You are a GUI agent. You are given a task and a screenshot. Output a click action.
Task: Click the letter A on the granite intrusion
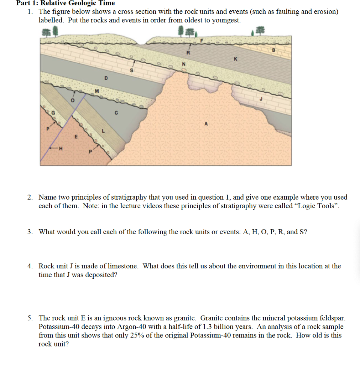coord(206,124)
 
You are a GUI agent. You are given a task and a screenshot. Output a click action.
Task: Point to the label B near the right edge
coord(274,50)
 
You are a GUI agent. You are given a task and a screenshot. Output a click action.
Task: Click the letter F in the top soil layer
coord(202,41)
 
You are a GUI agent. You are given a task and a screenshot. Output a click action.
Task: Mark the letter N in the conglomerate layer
coord(184,64)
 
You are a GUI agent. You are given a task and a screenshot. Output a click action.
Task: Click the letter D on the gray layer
coord(105,78)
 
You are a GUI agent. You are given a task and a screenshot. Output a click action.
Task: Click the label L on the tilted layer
coord(103,132)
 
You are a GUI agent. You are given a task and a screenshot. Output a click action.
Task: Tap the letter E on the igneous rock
coord(75,137)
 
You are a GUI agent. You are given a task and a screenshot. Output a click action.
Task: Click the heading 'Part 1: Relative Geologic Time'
coord(66,3)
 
